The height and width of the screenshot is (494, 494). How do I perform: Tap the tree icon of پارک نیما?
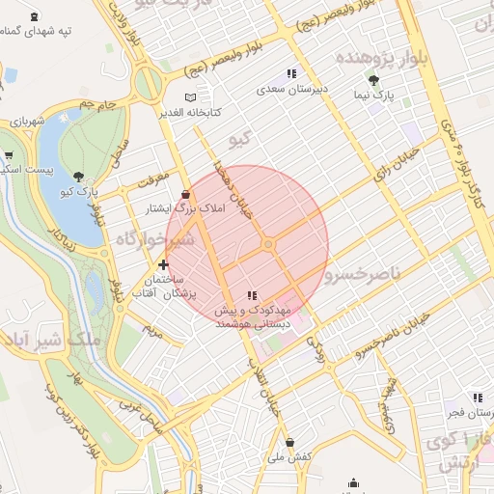point(373,81)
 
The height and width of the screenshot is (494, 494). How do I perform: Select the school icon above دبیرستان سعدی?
point(290,74)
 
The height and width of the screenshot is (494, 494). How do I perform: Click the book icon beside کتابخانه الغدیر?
point(190,98)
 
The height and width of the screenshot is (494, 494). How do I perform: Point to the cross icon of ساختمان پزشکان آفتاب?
point(163,263)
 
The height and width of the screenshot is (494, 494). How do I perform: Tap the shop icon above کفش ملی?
point(289,443)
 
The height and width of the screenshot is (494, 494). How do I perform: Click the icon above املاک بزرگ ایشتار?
point(185,194)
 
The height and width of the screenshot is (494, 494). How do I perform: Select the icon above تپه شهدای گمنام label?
point(36,16)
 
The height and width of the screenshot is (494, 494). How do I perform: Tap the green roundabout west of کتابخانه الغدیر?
point(148,85)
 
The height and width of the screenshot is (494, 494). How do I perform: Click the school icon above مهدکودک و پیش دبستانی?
point(252,295)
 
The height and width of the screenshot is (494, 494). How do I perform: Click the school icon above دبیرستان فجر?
point(477,398)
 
